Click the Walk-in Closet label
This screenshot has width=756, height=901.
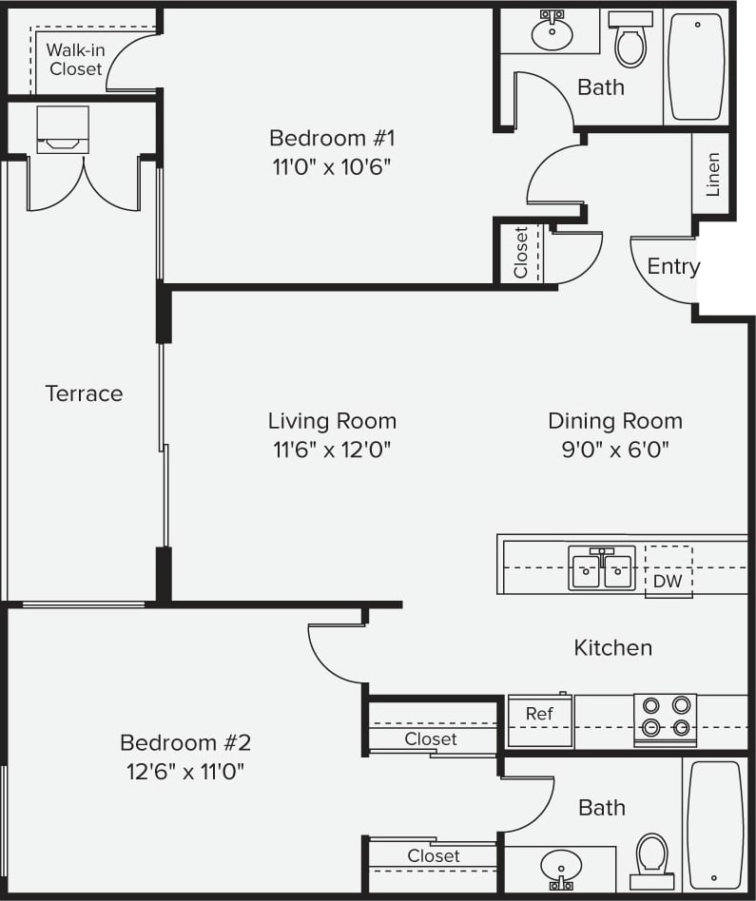point(76,60)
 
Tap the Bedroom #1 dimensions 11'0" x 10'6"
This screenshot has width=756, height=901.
point(331,165)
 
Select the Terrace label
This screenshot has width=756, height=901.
point(84,393)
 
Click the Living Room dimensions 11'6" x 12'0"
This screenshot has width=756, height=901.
point(331,449)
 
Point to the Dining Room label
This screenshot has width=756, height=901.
point(614,421)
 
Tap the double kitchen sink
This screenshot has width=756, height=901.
point(601,569)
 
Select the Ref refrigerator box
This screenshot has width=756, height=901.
point(539,721)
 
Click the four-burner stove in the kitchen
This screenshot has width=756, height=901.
point(665,718)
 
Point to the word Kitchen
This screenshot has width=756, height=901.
point(612,648)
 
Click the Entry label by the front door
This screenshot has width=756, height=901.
point(672,267)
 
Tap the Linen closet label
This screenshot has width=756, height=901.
point(712,174)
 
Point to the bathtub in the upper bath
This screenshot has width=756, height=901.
point(697,67)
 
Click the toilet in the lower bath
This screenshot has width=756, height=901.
point(652,855)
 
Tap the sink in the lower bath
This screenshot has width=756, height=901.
point(561,867)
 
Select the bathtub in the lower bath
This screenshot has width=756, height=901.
point(715,824)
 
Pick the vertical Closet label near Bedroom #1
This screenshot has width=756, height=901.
point(520,252)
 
